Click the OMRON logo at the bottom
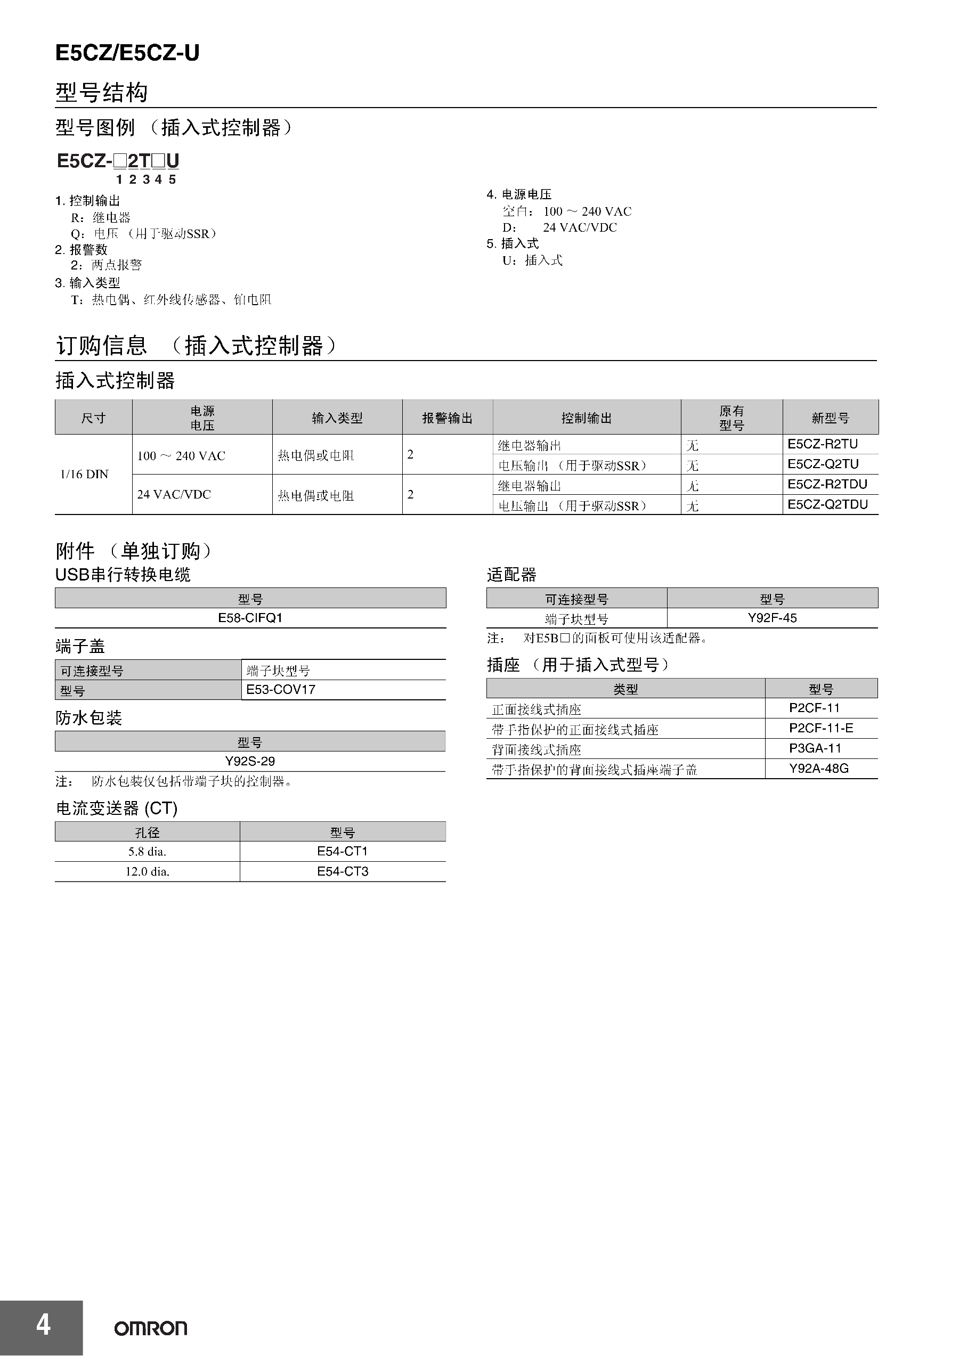pyautogui.click(x=151, y=1328)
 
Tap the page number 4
pyautogui.click(x=43, y=1325)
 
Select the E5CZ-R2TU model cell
pyautogui.click(x=823, y=444)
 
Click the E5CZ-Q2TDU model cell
pyautogui.click(x=827, y=504)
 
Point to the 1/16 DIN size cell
pyautogui.click(x=85, y=474)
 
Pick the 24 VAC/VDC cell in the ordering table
pyautogui.click(x=174, y=494)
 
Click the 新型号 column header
pyautogui.click(x=830, y=418)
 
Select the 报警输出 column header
pyautogui.click(x=448, y=418)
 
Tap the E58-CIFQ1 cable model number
pyautogui.click(x=250, y=618)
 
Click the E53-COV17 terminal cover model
pyautogui.click(x=281, y=689)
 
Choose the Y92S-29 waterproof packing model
pyautogui.click(x=250, y=761)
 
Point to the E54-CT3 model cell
pyautogui.click(x=343, y=871)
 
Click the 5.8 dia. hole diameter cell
pyautogui.click(x=147, y=851)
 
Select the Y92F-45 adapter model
pyautogui.click(x=773, y=618)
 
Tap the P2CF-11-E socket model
pyautogui.click(x=820, y=728)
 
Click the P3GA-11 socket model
pyautogui.click(x=815, y=748)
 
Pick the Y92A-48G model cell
pyautogui.click(x=818, y=769)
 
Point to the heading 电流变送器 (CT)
pyautogui.click(x=117, y=808)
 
